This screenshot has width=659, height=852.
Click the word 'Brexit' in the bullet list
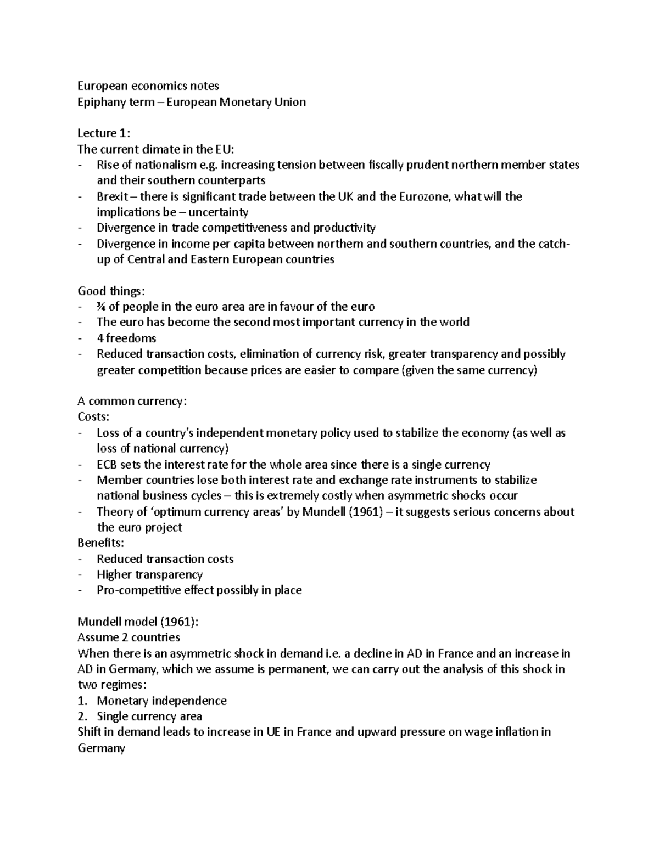tap(112, 196)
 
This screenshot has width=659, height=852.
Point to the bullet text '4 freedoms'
tap(126, 338)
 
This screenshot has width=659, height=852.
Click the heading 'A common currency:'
tap(132, 401)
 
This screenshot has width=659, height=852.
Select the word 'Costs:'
tap(93, 417)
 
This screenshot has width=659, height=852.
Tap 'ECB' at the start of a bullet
tap(107, 465)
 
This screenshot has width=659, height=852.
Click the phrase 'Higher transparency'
tap(149, 575)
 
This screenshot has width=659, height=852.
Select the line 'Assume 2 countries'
tap(129, 637)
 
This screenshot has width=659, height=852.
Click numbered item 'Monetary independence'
tap(161, 701)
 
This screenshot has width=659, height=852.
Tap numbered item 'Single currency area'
tap(149, 716)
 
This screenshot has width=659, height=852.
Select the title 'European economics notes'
tap(148, 86)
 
